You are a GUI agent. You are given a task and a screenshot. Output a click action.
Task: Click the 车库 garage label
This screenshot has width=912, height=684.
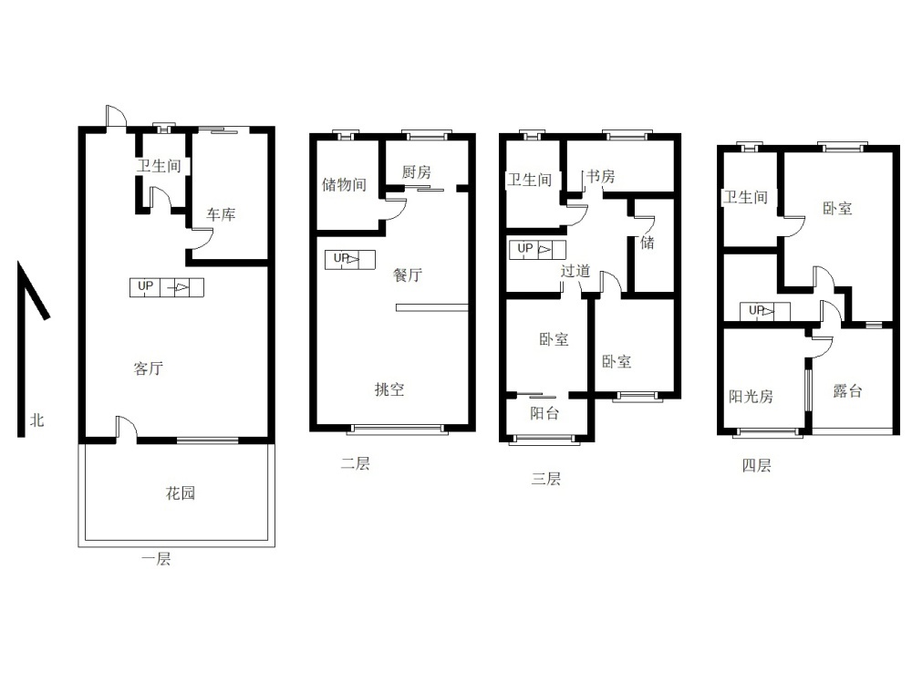pos(221,214)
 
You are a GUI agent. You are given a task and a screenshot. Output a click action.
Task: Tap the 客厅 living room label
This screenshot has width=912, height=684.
pos(149,368)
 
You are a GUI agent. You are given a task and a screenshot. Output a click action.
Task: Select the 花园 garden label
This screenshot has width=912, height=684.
pos(181,493)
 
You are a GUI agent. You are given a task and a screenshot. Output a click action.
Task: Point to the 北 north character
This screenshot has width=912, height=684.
pos(37,420)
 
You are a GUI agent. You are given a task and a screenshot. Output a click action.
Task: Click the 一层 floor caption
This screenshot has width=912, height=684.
pos(156,559)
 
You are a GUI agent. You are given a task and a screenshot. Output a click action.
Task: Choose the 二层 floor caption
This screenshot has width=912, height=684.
pos(356,463)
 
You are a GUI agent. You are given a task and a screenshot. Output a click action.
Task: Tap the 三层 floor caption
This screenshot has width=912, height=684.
pos(546,479)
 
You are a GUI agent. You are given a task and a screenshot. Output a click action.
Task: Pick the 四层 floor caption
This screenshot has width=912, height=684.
pos(757,465)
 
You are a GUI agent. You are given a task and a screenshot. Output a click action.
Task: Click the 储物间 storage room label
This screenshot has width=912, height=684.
pos(345,184)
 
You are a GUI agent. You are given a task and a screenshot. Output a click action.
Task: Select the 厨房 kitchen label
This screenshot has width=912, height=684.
pos(417,172)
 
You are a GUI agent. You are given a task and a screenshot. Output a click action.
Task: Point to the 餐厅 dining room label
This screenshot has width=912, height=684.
pos(408,275)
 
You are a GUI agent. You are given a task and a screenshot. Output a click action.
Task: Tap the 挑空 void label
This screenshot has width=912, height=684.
pos(389,389)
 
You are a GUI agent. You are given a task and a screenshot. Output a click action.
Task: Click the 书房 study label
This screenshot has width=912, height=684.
pos(600,176)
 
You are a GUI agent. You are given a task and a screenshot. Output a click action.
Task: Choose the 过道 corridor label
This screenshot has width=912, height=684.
pos(575,271)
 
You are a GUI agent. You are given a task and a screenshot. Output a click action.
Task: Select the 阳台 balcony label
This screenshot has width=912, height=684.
pos(545,413)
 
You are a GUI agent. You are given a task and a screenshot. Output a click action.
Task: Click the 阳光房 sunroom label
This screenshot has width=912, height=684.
pos(751,396)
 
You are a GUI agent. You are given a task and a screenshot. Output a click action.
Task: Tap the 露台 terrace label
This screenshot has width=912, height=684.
pos(847,391)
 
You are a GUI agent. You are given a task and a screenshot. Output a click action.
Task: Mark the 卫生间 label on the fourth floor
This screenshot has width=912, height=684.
pos(746,197)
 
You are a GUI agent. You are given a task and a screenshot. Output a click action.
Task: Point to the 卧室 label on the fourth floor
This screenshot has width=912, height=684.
pos(837,208)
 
